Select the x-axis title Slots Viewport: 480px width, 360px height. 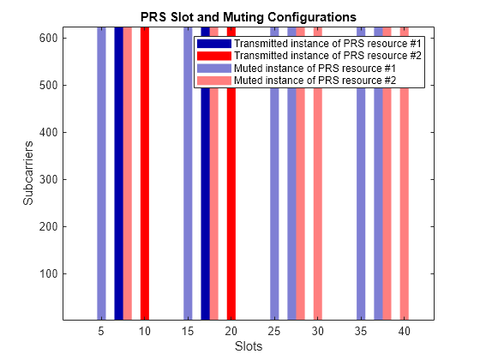pyautogui.click(x=247, y=347)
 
